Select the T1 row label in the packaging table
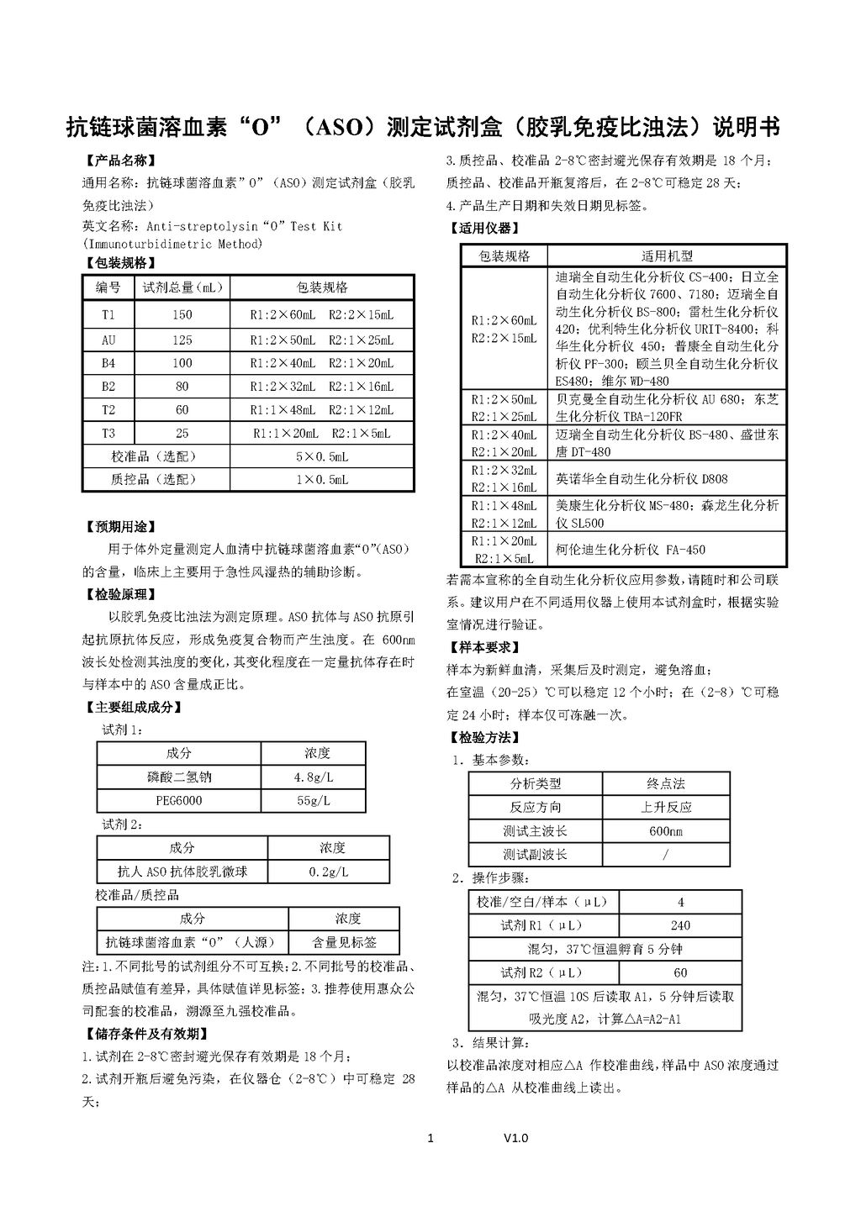click(x=108, y=315)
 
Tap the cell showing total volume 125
click(x=182, y=340)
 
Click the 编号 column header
click(x=108, y=287)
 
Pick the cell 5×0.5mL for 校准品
click(x=321, y=456)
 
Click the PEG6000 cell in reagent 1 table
click(x=179, y=800)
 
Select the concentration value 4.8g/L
click(x=314, y=777)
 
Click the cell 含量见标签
click(x=344, y=942)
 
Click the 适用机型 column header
click(x=667, y=256)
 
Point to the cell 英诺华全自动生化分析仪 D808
click(x=642, y=478)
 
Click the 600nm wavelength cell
click(x=666, y=831)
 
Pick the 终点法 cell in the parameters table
click(x=666, y=783)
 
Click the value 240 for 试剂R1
click(x=680, y=925)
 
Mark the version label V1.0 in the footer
click(x=516, y=1139)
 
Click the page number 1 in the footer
click(x=431, y=1139)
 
